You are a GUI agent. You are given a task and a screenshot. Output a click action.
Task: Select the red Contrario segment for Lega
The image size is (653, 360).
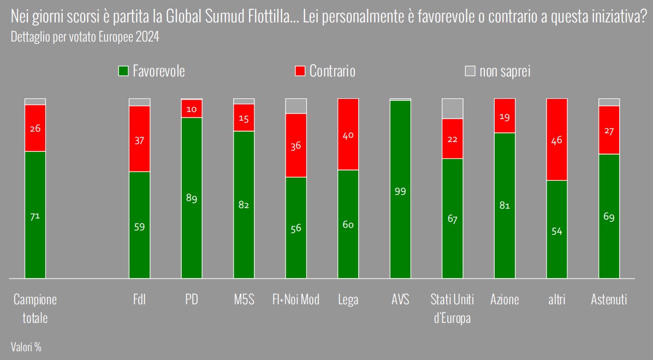348,134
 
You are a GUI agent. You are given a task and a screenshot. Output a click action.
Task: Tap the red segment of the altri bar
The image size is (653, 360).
557,139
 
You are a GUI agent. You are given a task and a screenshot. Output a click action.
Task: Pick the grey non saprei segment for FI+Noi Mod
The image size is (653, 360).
296,106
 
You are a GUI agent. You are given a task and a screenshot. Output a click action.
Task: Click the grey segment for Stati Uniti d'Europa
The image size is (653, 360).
452,109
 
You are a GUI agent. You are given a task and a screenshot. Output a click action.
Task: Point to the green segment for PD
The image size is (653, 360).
192,198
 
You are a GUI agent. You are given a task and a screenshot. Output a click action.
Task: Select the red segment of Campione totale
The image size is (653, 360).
35,128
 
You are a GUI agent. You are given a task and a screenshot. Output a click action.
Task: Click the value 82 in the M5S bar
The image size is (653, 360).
244,205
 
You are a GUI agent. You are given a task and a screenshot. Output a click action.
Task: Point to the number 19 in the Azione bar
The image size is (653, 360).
504,116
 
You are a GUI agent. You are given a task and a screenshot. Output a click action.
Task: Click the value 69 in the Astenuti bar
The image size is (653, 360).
609,217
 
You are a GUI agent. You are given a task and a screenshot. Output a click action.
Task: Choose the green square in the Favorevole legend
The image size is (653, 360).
123,71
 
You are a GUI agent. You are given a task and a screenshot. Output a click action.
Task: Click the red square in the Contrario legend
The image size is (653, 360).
300,71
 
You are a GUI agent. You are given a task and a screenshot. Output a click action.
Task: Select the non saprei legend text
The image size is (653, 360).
504,71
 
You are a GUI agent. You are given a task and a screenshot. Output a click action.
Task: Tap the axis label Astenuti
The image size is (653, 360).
609,299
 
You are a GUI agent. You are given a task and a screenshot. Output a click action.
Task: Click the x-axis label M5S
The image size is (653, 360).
244,299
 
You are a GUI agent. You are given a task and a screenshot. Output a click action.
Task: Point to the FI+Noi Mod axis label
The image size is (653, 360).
296,299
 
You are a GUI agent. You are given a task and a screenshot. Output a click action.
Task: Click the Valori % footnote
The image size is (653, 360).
26,346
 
